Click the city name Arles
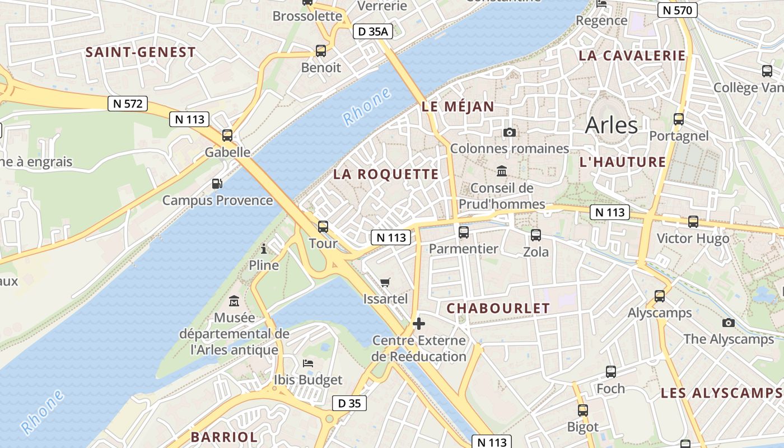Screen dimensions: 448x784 tap(611, 125)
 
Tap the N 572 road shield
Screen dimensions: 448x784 tap(128, 103)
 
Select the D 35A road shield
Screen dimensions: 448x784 tap(372, 32)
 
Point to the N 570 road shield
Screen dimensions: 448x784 tap(677, 10)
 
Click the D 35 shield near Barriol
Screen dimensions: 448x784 tap(349, 403)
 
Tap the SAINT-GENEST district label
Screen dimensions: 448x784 tap(141, 53)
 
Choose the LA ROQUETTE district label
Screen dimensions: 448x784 tap(386, 174)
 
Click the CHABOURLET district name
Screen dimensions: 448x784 tap(498, 308)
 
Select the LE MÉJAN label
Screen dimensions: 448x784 tap(458, 107)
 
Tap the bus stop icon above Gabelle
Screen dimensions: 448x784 tap(227, 135)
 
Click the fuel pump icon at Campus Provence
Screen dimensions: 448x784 tap(217, 183)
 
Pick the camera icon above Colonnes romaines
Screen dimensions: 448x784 tap(509, 132)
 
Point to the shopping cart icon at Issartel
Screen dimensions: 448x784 tap(385, 282)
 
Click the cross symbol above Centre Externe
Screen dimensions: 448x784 tap(418, 324)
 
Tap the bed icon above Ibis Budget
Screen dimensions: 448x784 tap(308, 363)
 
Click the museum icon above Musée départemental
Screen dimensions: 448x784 tap(234, 301)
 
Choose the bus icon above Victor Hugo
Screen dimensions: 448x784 tap(693, 222)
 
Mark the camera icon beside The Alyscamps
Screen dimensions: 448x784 tap(728, 323)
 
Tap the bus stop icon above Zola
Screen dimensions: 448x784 tap(535, 235)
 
